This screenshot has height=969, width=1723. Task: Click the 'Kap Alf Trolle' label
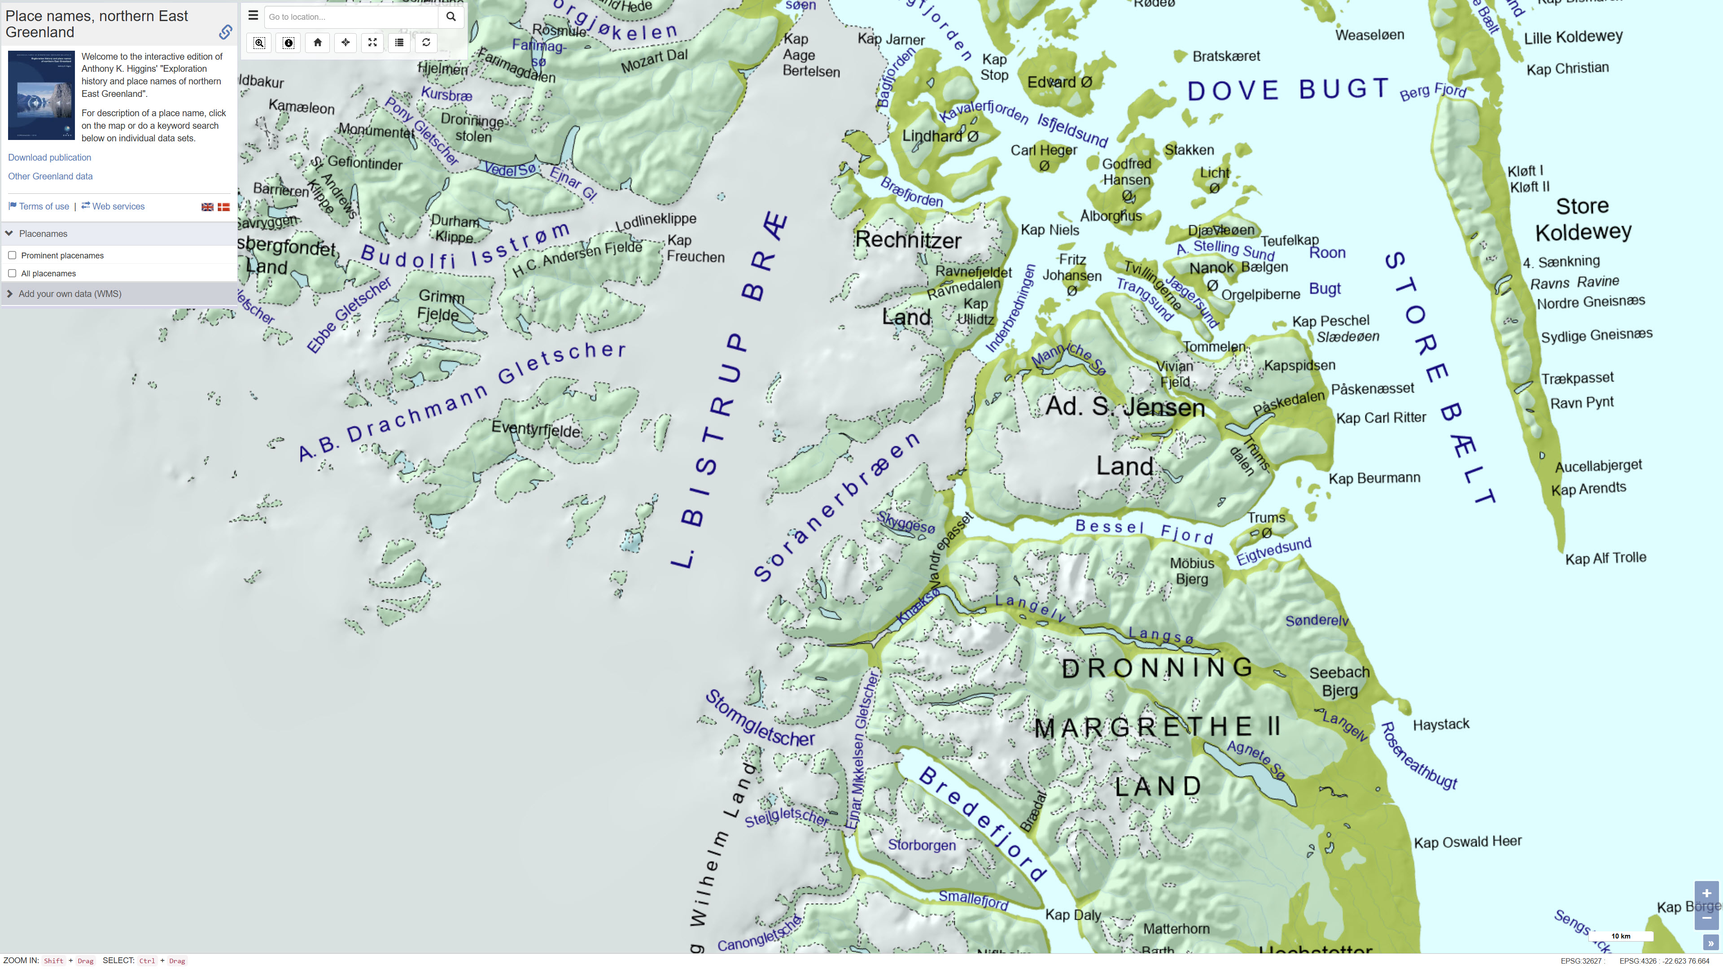point(1605,558)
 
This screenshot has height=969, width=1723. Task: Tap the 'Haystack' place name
point(1441,724)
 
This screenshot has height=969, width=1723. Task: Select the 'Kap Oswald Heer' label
point(1468,841)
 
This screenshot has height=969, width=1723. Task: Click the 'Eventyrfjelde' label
point(536,429)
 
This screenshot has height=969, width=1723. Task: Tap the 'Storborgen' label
point(922,845)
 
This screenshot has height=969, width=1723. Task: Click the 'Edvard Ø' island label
point(1059,82)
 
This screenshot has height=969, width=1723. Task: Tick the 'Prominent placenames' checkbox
point(12,255)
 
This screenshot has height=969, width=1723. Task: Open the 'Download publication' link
point(49,157)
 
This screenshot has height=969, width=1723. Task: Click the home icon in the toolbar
point(318,43)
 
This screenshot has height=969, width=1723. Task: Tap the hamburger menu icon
point(253,15)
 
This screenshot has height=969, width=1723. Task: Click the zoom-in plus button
point(1706,893)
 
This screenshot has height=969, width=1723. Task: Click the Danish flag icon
point(224,207)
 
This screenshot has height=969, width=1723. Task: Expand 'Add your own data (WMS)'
point(70,293)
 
